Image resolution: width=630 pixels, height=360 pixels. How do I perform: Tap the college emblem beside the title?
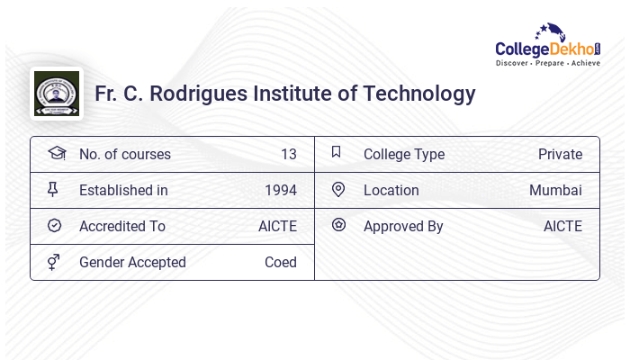tap(57, 94)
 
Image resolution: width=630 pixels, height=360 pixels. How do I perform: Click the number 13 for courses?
tap(288, 155)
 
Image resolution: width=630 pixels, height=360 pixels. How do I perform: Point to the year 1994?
tap(280, 191)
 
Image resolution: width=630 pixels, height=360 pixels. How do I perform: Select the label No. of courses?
tap(124, 155)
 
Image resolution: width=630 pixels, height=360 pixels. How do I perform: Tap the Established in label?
tap(123, 191)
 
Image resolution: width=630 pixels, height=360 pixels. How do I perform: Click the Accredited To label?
tap(121, 227)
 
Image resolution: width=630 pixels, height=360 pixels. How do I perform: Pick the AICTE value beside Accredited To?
tap(277, 227)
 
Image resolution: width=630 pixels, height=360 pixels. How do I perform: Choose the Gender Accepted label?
tap(132, 263)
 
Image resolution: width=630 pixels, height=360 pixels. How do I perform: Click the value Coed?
tap(280, 263)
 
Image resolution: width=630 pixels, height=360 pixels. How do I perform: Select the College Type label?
tap(404, 155)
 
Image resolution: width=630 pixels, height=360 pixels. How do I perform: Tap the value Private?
tap(560, 155)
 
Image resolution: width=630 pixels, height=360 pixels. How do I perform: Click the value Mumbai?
tap(555, 191)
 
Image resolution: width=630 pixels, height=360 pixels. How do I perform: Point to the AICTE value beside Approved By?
tap(562, 227)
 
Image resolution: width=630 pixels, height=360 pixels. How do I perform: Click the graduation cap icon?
tap(56, 153)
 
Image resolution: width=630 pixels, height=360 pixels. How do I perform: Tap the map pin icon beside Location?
tap(338, 190)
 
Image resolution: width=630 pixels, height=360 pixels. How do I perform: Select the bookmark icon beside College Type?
tap(337, 153)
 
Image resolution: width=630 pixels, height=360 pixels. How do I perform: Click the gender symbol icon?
tap(54, 262)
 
